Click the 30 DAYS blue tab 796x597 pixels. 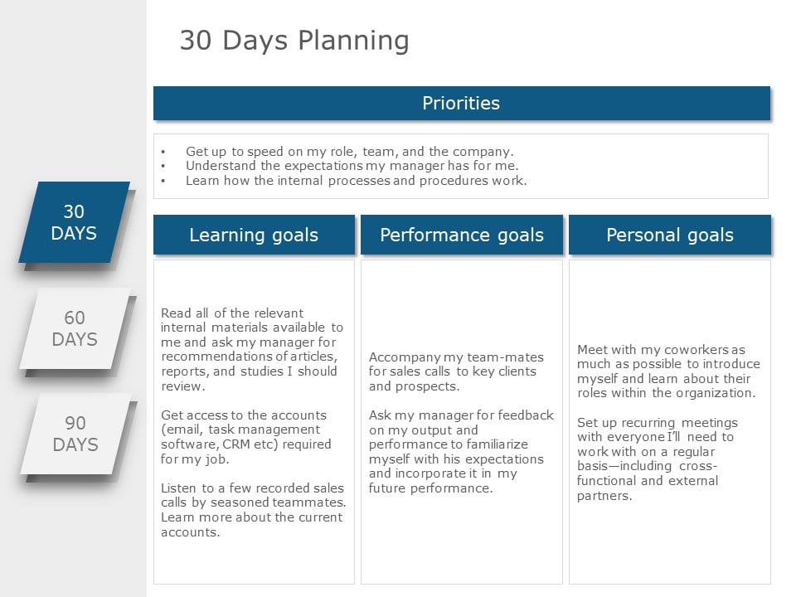(74, 222)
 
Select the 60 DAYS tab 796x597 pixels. (75, 328)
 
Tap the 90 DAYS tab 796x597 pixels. (75, 434)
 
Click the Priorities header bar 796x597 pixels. (462, 103)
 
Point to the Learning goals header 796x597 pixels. (254, 235)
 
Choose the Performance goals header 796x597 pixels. (462, 235)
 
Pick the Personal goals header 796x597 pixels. (670, 235)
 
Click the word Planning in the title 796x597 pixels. (353, 41)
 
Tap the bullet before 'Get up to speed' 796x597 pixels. (163, 152)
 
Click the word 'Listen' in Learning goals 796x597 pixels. (179, 488)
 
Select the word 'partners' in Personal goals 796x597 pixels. (604, 496)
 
